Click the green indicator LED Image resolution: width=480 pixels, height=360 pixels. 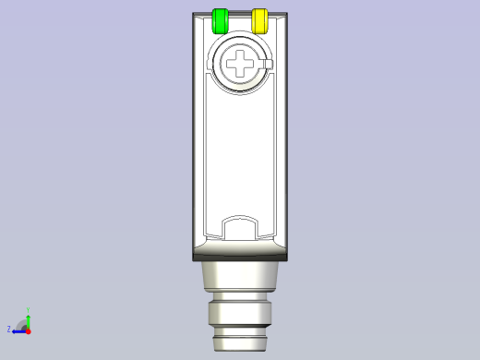(221, 21)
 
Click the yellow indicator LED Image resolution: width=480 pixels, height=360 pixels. (259, 21)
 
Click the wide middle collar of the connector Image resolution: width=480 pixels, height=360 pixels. (240, 313)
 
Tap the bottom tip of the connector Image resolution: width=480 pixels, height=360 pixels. (240, 342)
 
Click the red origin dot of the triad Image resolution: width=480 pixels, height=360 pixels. (28, 330)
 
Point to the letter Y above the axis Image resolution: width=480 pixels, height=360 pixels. (28, 311)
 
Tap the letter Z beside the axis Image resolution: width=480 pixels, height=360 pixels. (9, 329)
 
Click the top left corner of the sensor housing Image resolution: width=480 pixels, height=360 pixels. (194, 14)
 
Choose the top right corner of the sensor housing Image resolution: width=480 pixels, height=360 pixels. (286, 14)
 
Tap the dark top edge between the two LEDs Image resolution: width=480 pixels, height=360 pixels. (240, 14)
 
